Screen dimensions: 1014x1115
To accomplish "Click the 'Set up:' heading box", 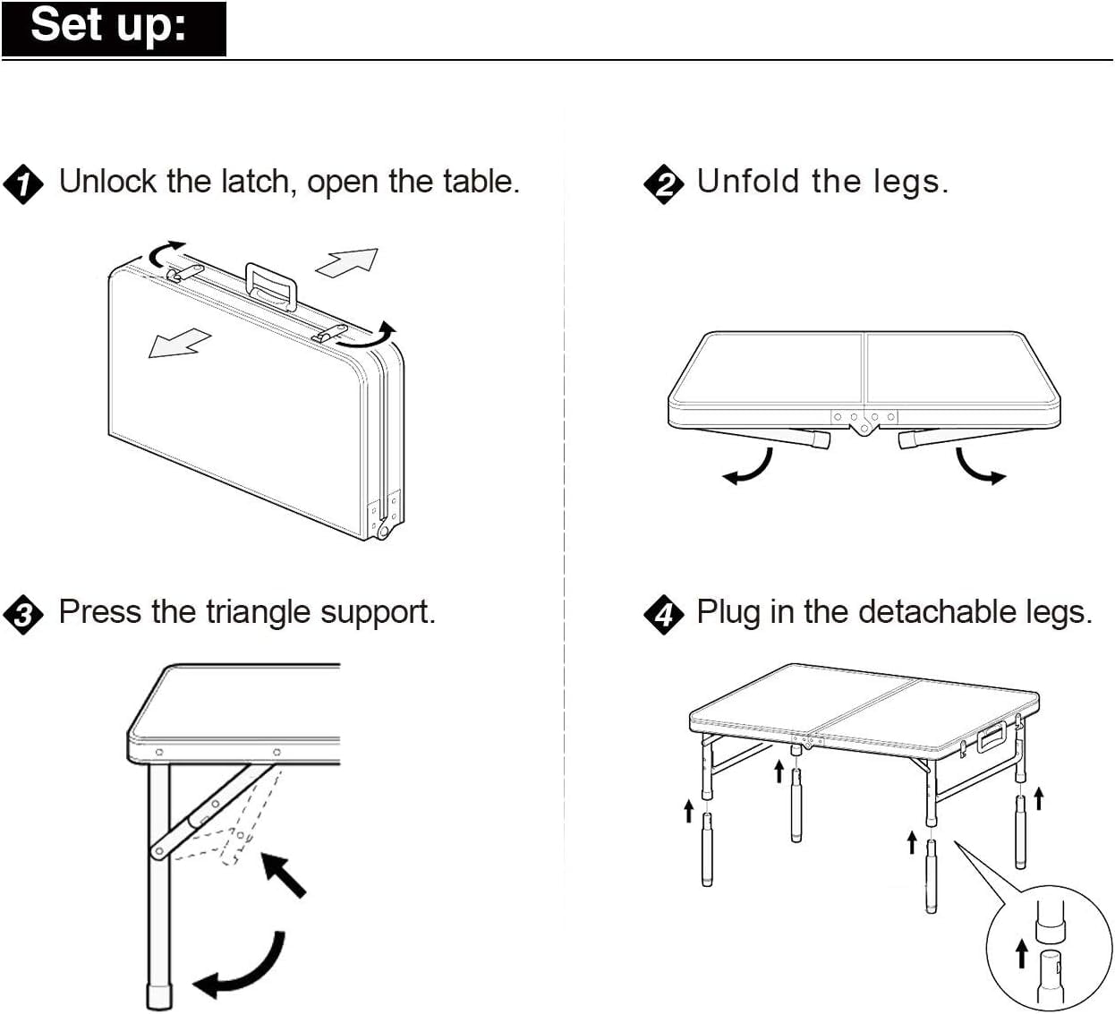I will point(114,28).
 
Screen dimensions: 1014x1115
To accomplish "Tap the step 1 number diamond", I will point(22,184).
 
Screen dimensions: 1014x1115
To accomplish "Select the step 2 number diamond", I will point(663,184).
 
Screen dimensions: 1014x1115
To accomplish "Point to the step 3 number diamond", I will point(22,615).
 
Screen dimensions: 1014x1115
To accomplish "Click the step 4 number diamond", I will point(663,615).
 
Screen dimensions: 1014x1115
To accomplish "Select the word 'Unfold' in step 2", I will point(748,182).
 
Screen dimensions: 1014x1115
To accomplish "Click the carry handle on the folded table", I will point(271,285).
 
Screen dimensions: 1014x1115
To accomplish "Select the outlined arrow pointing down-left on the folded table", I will point(179,344).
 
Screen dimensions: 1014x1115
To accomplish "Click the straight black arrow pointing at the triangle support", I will point(284,874).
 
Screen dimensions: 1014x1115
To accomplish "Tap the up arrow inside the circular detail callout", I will point(1021,953).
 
